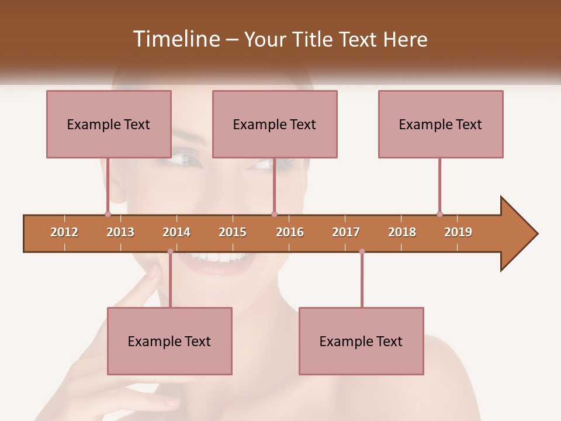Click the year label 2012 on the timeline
pos(64,232)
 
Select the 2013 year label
pos(120,232)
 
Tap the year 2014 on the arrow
pos(176,232)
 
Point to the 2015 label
pos(233,232)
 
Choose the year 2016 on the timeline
pos(290,232)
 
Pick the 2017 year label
pos(346,232)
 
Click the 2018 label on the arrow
pos(402,232)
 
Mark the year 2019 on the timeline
pos(458,232)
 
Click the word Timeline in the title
pos(175,39)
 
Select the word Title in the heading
pos(314,39)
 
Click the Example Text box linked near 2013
pos(109,124)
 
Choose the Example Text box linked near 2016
pos(275,124)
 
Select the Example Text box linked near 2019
pos(441,124)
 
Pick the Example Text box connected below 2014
pos(169,341)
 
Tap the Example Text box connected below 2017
pos(361,341)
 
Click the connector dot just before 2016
pos(274,214)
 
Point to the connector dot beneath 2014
pos(170,251)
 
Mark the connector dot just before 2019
pos(439,214)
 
